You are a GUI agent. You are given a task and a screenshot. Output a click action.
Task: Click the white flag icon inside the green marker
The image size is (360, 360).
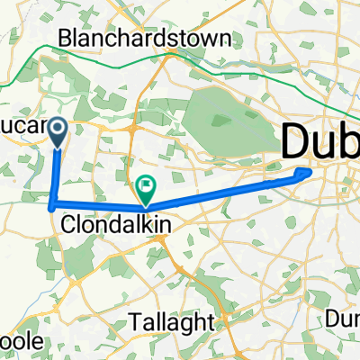click(x=146, y=185)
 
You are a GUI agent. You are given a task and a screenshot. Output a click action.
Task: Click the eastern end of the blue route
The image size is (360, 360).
click(x=310, y=168)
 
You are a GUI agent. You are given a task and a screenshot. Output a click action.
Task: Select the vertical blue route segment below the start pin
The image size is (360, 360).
click(x=56, y=175)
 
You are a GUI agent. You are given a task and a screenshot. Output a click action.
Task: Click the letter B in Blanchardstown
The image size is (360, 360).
click(x=66, y=40)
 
